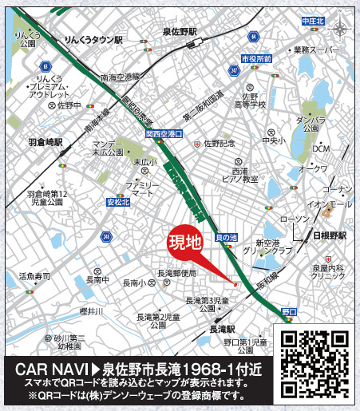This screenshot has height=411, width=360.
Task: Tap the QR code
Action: pyautogui.click(x=314, y=360)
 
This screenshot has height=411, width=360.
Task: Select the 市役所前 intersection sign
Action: pyautogui.click(x=256, y=60)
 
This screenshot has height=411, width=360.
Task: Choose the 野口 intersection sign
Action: pyautogui.click(x=290, y=310)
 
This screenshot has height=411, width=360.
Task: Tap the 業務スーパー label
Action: pyautogui.click(x=318, y=50)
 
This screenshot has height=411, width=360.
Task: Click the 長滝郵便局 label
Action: pyautogui.click(x=178, y=273)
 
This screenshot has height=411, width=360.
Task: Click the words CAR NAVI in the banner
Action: pyautogui.click(x=50, y=370)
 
